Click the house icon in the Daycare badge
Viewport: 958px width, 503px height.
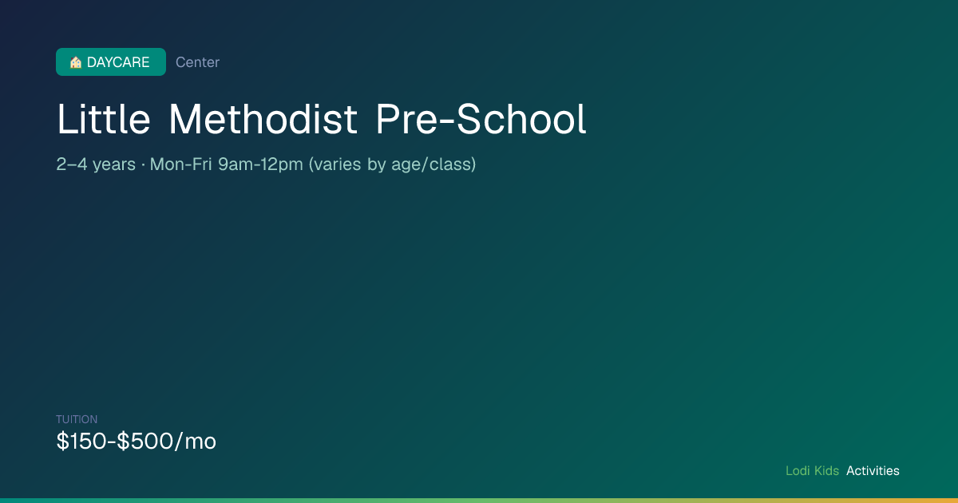tap(76, 62)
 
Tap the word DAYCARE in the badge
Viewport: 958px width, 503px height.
tap(118, 62)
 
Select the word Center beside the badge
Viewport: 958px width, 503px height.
tap(198, 62)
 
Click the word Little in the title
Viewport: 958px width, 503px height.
tap(104, 119)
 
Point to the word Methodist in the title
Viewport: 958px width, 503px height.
tap(263, 119)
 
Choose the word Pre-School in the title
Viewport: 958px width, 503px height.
tap(481, 119)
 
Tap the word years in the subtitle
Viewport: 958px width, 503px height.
tap(114, 165)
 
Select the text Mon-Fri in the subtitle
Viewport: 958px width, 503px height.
tap(180, 164)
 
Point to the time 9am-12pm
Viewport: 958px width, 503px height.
tap(260, 164)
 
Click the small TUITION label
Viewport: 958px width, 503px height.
tap(77, 419)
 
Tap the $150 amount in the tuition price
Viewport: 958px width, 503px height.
tap(81, 441)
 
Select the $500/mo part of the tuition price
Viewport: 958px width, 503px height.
tap(166, 441)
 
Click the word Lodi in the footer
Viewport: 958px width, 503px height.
tap(798, 470)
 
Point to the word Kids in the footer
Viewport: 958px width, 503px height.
tap(827, 470)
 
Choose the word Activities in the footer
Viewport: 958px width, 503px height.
tap(873, 470)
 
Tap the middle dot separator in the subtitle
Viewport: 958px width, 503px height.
tap(143, 164)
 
